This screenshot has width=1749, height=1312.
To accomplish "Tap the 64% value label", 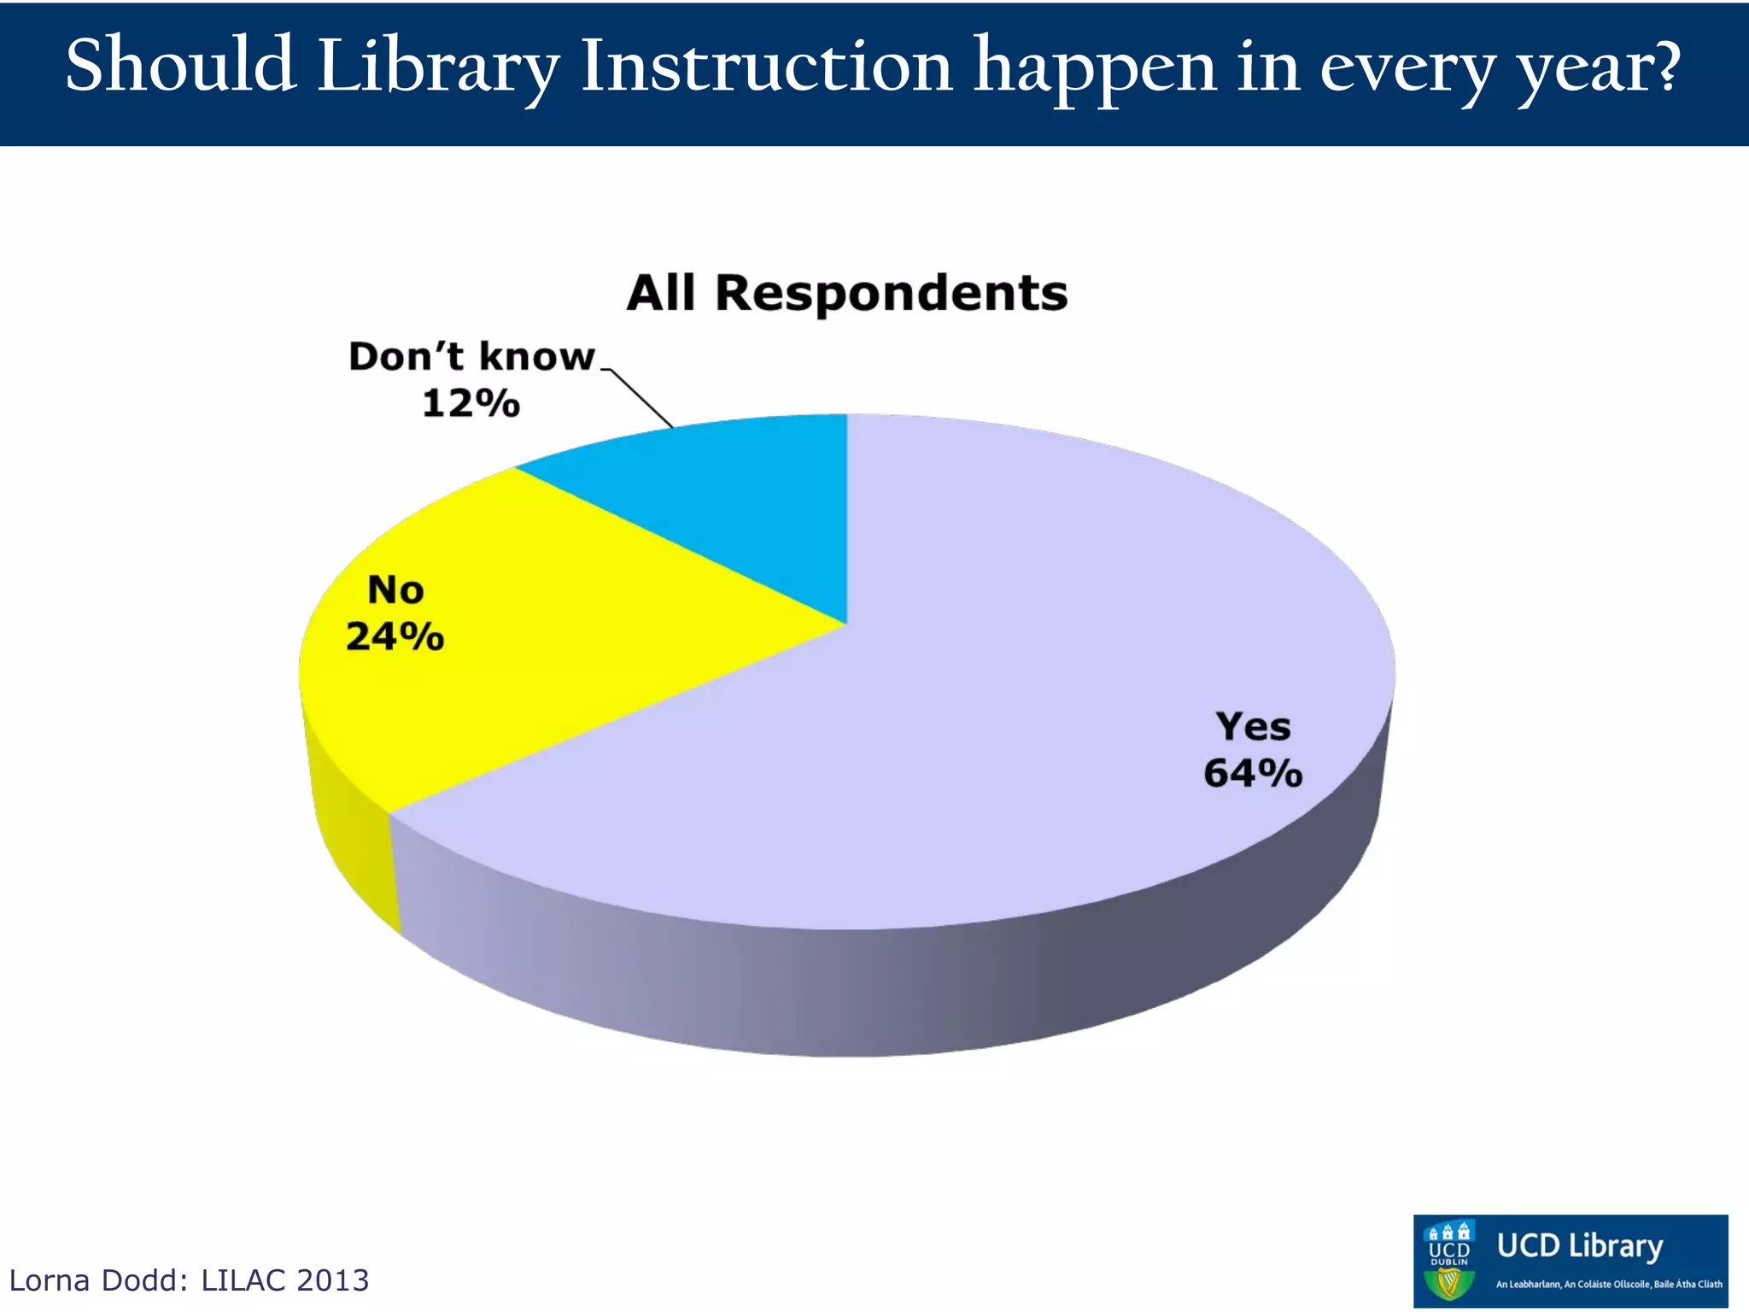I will tap(1253, 774).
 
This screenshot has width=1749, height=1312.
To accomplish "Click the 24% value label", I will tap(395, 637).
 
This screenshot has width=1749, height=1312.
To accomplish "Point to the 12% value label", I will tap(471, 403).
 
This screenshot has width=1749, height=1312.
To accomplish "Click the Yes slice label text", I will tap(1253, 727).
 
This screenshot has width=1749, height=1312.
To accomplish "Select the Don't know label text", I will tap(471, 357).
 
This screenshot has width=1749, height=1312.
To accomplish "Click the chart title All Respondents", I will tap(846, 293).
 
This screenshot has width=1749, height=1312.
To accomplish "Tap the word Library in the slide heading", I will tap(438, 68).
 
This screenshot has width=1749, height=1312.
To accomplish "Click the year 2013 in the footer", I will tap(332, 1280).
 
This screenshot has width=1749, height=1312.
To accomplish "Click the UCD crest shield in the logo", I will tap(1449, 1262).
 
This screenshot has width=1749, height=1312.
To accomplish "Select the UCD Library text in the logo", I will tap(1579, 1245).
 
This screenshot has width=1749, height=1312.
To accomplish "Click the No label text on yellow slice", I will tap(395, 590).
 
